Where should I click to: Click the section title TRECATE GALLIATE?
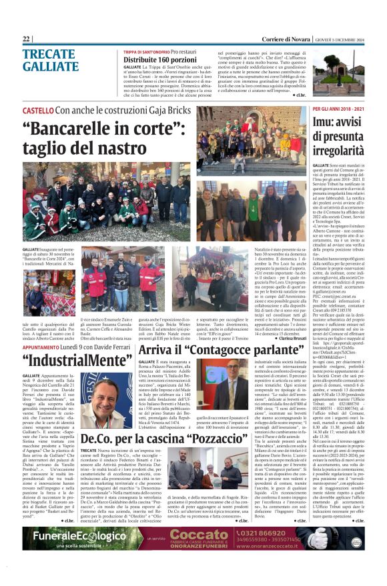click(x=50, y=61)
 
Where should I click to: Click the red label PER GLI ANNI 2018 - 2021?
click(x=339, y=109)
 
